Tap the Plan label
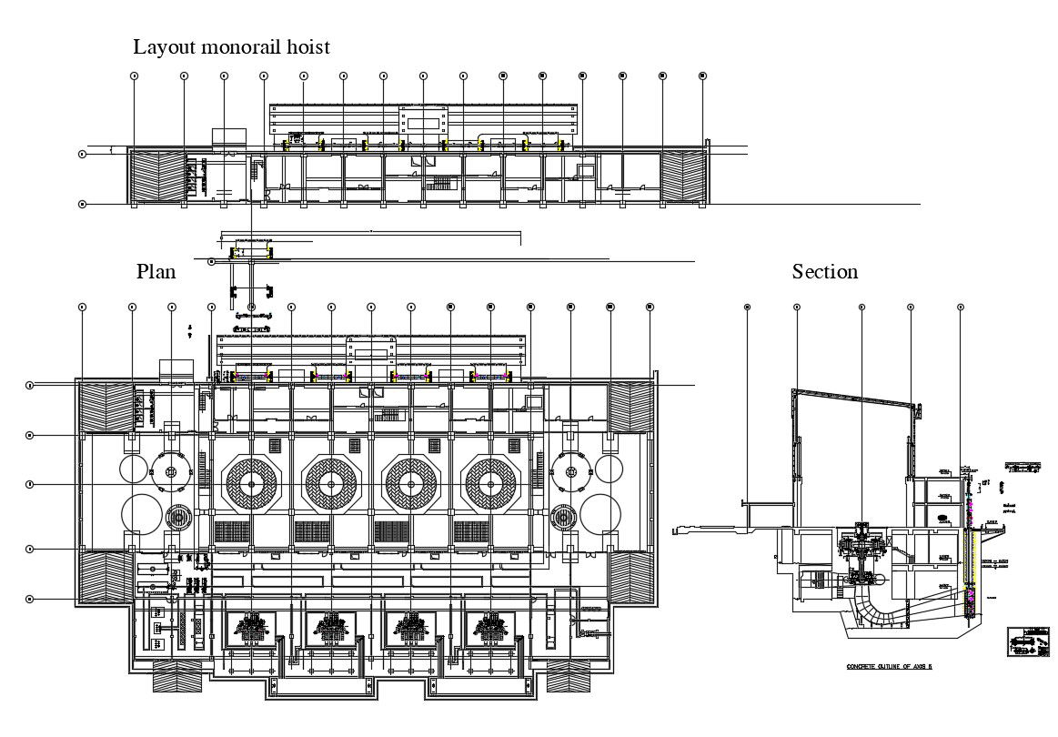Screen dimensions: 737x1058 click(x=156, y=271)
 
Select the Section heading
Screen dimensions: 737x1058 click(x=824, y=271)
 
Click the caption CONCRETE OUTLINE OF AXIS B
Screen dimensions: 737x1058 click(x=891, y=667)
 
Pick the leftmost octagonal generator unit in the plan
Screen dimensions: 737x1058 click(x=251, y=483)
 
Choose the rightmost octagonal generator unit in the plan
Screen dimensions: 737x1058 click(x=491, y=483)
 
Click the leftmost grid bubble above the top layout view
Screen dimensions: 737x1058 click(x=135, y=76)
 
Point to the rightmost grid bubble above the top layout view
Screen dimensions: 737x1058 click(x=702, y=76)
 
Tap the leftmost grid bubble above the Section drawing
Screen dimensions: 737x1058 click(x=747, y=308)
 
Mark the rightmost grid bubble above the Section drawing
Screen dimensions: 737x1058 click(x=961, y=308)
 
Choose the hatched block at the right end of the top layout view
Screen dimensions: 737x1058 click(x=683, y=176)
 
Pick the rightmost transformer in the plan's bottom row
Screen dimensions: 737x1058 click(x=491, y=629)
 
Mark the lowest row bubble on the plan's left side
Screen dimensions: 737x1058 click(x=30, y=599)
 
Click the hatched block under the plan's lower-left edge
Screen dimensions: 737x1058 click(x=177, y=674)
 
